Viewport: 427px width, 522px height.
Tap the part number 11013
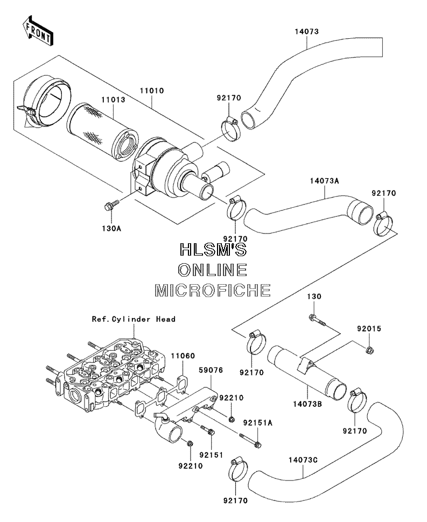(113, 100)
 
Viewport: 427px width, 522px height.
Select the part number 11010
(151, 90)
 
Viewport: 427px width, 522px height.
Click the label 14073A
(324, 181)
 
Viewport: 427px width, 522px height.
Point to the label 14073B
(307, 404)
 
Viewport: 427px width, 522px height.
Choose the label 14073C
(303, 460)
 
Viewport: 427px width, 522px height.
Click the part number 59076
(211, 370)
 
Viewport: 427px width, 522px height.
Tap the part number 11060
(183, 356)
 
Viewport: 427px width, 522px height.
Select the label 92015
(369, 329)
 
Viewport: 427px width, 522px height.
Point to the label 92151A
(258, 423)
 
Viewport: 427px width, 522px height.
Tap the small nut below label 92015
(369, 350)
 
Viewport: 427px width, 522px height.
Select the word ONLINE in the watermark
(213, 270)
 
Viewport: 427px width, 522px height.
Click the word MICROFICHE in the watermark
(213, 290)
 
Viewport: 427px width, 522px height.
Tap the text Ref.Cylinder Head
(134, 319)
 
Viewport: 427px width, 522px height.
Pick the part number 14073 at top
(306, 31)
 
